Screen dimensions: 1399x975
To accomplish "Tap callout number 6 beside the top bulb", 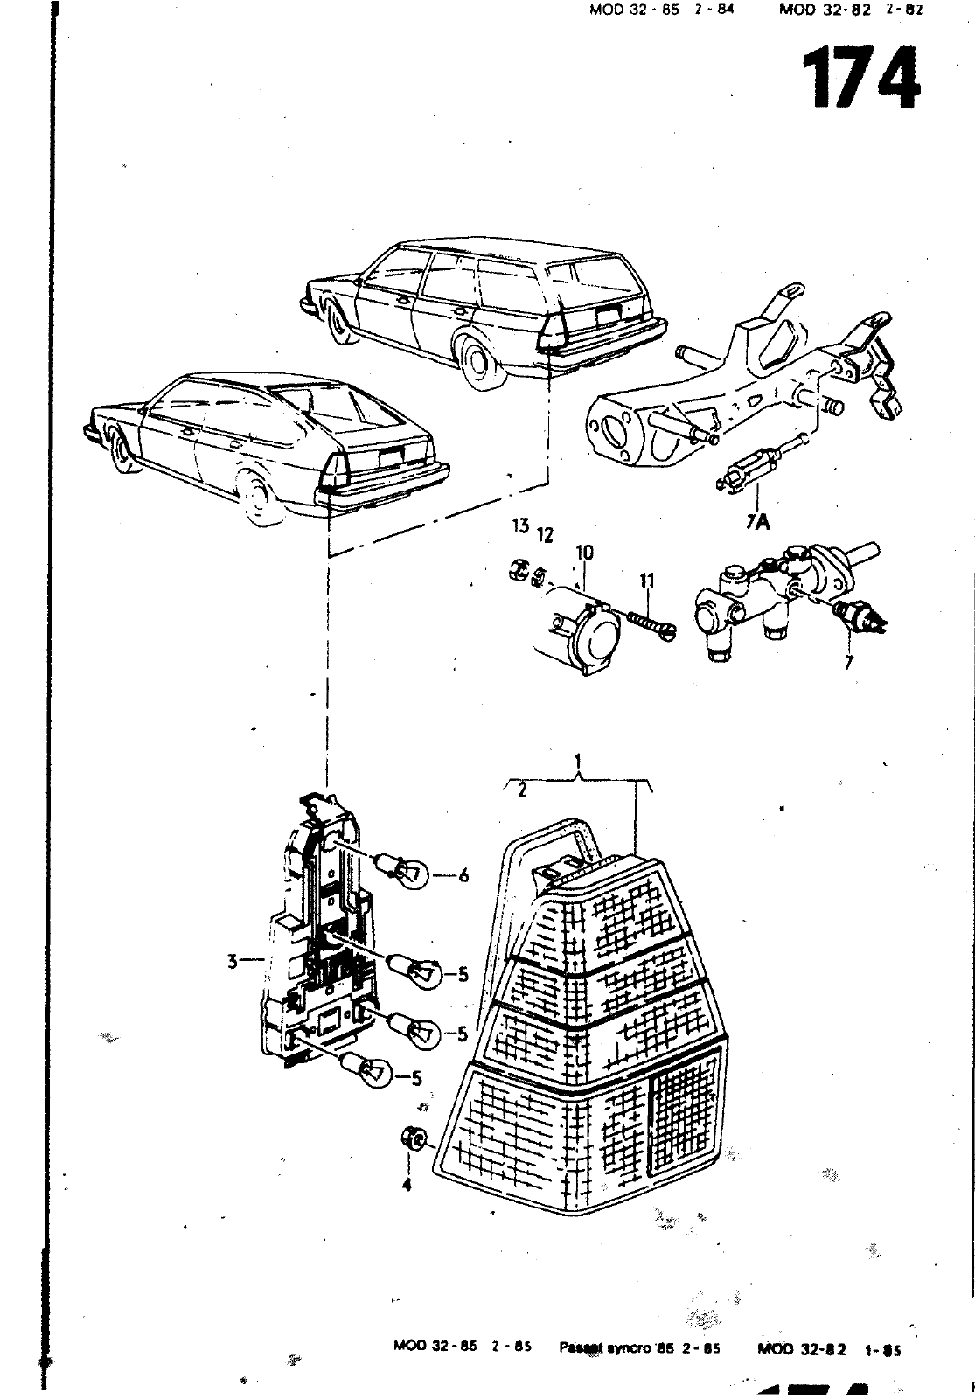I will point(463,874).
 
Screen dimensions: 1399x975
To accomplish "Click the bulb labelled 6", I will point(404,870).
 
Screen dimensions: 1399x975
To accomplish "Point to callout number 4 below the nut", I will point(407,1186).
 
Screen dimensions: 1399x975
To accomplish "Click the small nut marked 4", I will point(410,1138).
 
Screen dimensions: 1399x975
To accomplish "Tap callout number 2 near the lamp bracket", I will point(521,791).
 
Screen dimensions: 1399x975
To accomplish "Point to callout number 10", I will point(584,553).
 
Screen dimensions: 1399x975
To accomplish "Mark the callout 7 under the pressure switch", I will point(846,663).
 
